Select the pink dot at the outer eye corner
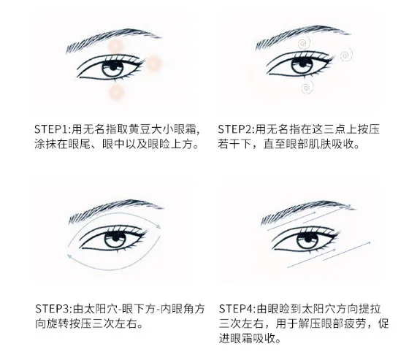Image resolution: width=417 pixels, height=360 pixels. click(155, 65)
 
